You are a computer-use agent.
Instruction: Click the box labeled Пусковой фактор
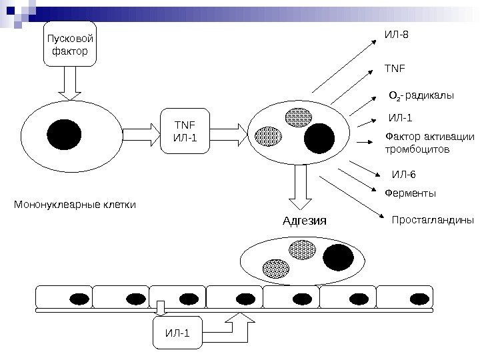tap(70, 44)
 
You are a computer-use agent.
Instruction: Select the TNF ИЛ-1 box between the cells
tap(185, 131)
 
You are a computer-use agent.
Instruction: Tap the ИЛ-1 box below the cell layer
tap(177, 333)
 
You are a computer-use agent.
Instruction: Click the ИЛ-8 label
tap(397, 34)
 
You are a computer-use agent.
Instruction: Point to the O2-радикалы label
tap(421, 95)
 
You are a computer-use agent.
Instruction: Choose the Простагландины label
tap(433, 220)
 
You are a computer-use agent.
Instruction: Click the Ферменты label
tap(410, 193)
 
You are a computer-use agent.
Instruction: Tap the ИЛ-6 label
tap(404, 175)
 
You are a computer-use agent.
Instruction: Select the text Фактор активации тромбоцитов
tap(430, 143)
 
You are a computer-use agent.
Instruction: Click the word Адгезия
tap(305, 221)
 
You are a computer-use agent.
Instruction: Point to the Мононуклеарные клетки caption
tap(75, 204)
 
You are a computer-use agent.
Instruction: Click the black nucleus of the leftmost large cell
tap(64, 135)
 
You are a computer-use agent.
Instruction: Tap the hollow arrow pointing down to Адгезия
tap(300, 187)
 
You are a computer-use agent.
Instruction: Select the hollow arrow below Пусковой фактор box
tap(70, 83)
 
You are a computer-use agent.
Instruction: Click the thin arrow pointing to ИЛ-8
tap(344, 66)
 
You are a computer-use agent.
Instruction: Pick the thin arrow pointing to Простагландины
tap(351, 197)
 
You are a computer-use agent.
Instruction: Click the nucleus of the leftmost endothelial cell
tap(79, 299)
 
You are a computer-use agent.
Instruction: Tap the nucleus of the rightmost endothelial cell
tap(419, 299)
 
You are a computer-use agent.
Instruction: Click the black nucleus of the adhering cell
tap(338, 257)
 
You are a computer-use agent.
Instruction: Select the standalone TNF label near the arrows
tap(395, 68)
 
